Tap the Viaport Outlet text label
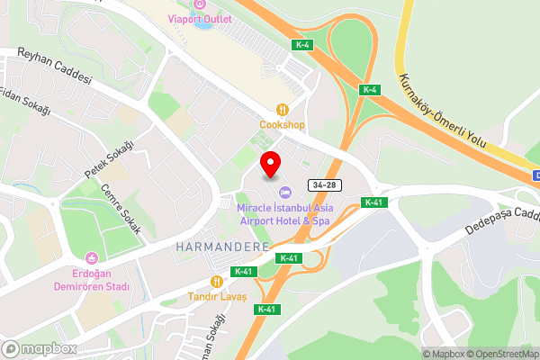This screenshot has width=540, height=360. (200, 19)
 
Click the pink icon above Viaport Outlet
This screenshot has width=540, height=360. (200, 4)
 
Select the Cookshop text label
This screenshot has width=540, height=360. (282, 124)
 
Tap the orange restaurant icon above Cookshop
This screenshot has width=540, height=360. (283, 110)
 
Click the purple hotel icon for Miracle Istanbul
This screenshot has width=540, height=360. (285, 192)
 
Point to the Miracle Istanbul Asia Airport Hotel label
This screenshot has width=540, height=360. (283, 213)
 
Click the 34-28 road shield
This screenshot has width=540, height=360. (326, 184)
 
